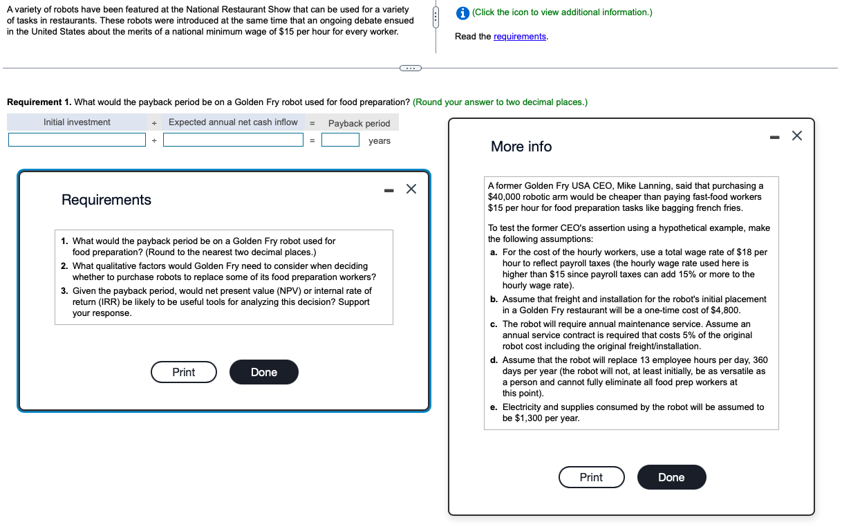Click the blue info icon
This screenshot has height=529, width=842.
[x=462, y=13]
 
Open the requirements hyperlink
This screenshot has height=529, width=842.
[x=519, y=37]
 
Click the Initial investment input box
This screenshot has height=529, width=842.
[x=77, y=140]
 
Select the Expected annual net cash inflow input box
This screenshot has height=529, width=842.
[x=233, y=140]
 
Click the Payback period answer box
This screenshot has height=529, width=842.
[x=340, y=140]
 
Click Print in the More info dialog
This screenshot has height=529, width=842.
[x=591, y=477]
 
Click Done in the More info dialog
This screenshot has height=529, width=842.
[x=671, y=477]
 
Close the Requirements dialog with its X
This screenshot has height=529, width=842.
[x=411, y=189]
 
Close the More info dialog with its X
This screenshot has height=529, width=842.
[x=797, y=136]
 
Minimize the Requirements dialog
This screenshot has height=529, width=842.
[x=389, y=191]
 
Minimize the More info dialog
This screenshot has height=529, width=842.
[x=774, y=138]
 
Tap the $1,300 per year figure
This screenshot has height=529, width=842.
[x=529, y=418]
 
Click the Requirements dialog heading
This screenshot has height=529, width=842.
[x=106, y=200]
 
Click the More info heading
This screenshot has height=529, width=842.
[x=521, y=147]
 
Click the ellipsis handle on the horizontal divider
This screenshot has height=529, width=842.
[x=411, y=68]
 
